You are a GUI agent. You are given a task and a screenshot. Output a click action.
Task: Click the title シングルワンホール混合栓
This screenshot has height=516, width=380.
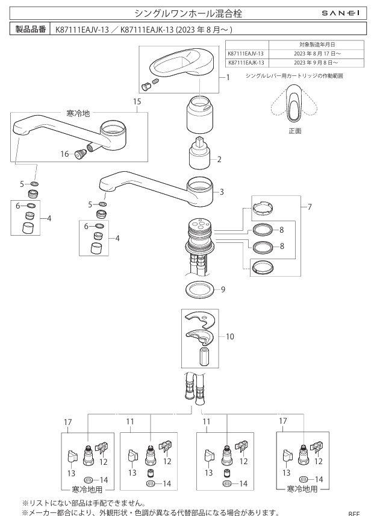click(x=189, y=13)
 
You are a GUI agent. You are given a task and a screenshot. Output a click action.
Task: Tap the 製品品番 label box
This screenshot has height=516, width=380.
click(x=31, y=29)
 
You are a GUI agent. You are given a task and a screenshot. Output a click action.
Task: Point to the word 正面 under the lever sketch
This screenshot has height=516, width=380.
click(x=294, y=130)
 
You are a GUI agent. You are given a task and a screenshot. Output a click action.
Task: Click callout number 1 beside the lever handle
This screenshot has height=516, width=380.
click(x=229, y=77)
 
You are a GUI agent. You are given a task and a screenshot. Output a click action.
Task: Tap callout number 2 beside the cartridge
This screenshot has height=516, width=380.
click(x=220, y=160)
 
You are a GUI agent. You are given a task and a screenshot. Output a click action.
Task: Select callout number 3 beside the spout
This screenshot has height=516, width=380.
click(x=222, y=192)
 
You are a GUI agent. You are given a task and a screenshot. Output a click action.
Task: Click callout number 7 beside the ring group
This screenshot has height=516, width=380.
click(x=310, y=207)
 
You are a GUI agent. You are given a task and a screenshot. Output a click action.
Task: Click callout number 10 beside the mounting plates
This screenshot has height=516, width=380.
click(x=229, y=337)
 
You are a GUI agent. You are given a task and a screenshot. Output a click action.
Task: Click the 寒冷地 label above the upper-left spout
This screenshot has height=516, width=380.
click(x=78, y=113)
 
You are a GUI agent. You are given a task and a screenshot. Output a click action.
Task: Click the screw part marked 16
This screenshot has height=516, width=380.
click(x=79, y=154)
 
